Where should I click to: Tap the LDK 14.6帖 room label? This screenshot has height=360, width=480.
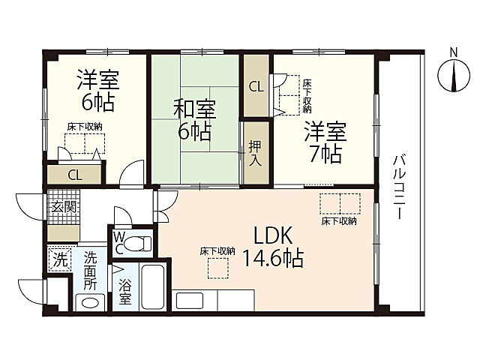271,247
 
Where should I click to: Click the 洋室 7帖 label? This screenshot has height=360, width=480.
324,143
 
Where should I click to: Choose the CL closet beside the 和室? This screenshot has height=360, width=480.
256,86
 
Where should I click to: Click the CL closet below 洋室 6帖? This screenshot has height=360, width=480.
75,175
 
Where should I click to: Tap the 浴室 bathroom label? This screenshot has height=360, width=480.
125,292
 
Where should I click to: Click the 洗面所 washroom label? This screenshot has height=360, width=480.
91,271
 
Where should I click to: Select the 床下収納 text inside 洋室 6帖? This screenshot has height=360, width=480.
85,127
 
